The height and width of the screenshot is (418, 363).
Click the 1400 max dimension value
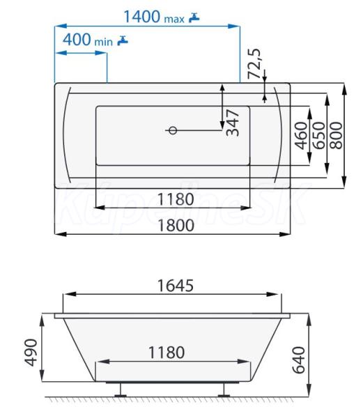pyautogui.click(x=154, y=17)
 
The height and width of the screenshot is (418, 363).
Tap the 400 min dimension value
pyautogui.click(x=87, y=40)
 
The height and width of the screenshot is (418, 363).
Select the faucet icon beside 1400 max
pyautogui.click(x=194, y=17)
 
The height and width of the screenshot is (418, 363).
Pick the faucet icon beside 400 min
pyautogui.click(x=123, y=40)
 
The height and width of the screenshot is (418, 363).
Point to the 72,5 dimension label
pyautogui.click(x=254, y=63)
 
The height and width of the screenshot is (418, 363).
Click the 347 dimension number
pyautogui.click(x=233, y=123)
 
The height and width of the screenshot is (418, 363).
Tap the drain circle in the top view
pyautogui.click(x=173, y=130)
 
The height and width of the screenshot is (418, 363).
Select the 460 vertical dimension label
pyautogui.click(x=301, y=135)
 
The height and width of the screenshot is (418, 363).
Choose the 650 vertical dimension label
pyautogui.click(x=318, y=135)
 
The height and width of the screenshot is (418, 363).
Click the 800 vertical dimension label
pyautogui.click(x=336, y=135)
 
